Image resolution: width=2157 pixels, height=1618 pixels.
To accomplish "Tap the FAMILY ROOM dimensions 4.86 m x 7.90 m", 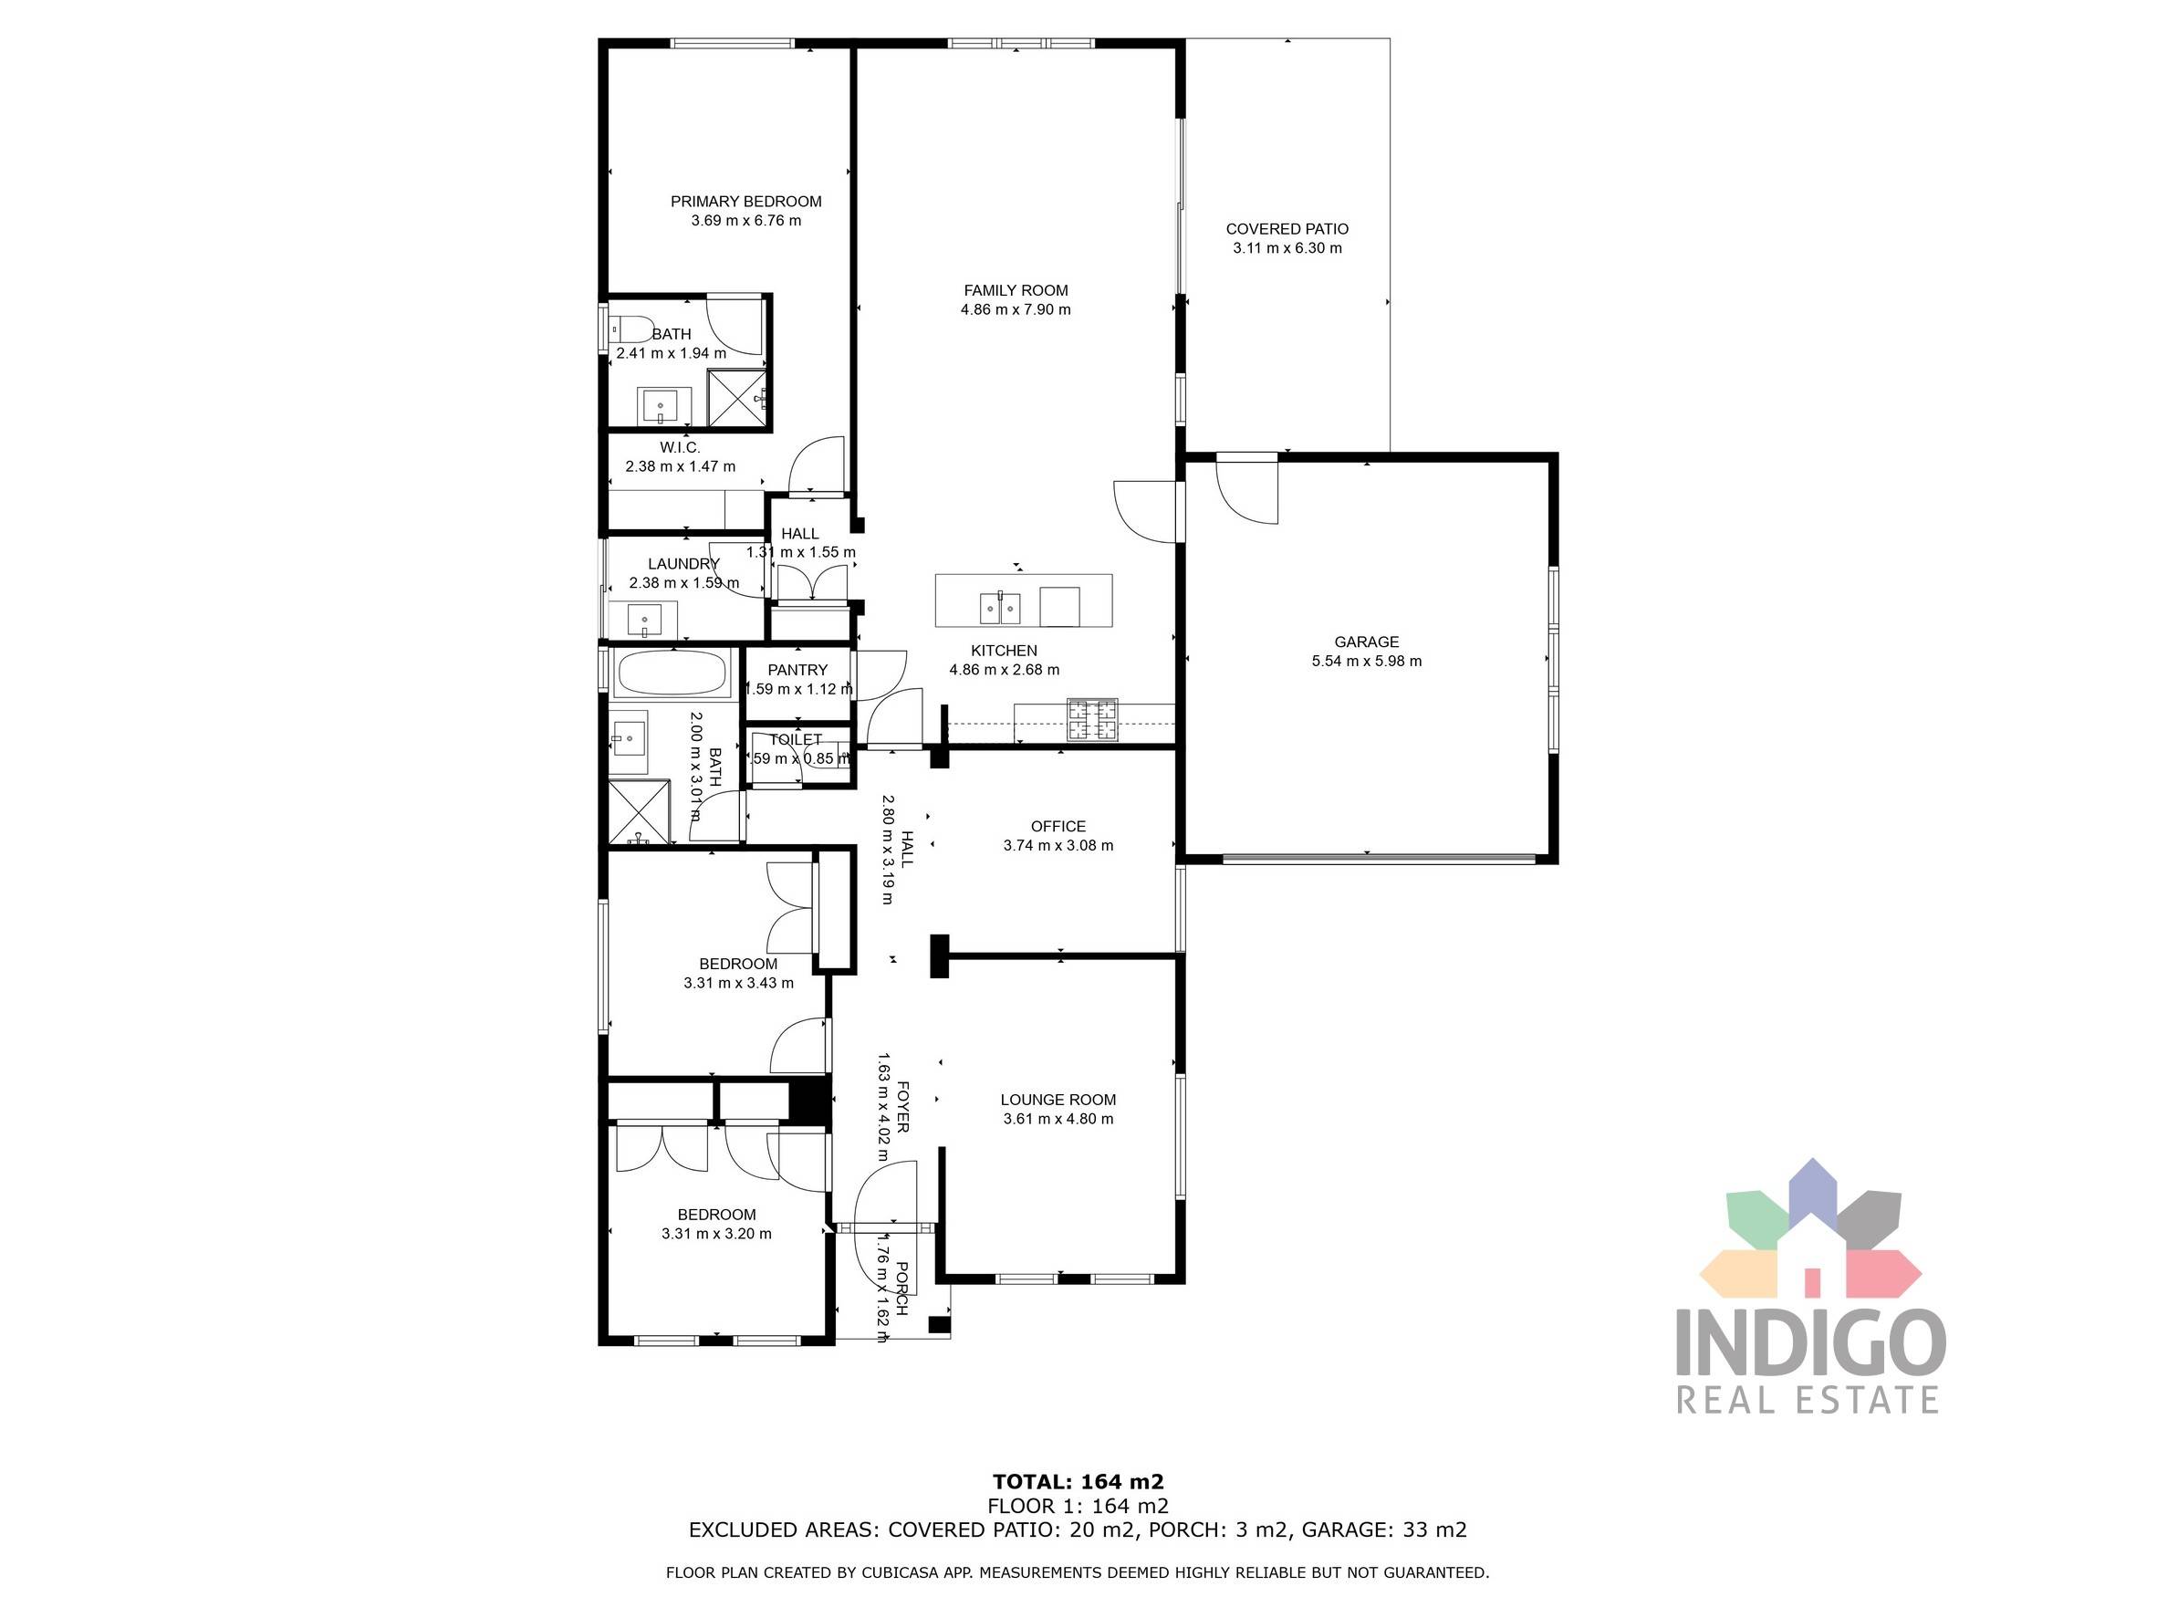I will click(x=1016, y=310).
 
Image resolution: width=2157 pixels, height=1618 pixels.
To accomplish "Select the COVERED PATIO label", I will click(x=1287, y=229).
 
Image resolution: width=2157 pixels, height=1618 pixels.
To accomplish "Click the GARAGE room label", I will click(x=1365, y=642).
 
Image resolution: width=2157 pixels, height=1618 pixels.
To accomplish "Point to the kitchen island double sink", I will click(x=999, y=609).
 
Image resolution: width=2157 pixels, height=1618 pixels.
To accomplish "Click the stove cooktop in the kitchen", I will click(x=1092, y=720).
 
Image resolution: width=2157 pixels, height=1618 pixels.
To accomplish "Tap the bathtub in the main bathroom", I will click(x=672, y=673).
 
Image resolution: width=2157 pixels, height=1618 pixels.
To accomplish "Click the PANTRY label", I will click(x=797, y=670).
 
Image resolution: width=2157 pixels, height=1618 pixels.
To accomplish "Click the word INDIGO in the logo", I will click(x=1810, y=1343).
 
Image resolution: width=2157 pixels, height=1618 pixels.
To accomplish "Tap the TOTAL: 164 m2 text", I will click(x=1078, y=1481).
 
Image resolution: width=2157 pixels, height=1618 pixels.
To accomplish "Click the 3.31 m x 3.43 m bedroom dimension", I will click(x=738, y=983).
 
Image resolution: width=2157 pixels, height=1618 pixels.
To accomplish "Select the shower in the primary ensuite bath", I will click(x=736, y=397).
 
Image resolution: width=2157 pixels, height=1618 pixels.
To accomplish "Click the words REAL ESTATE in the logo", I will click(x=1807, y=1401).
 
